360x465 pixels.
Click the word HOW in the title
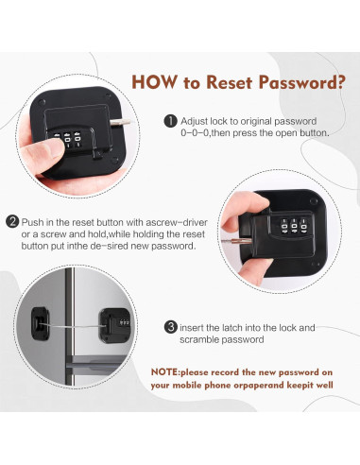[x=154, y=82]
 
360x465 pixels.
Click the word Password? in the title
[x=301, y=82]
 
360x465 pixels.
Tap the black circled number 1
[x=170, y=121]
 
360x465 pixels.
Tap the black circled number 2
[x=12, y=222]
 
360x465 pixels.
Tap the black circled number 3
[x=171, y=327]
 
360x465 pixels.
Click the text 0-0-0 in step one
[x=195, y=133]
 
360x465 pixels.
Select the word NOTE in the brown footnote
[x=164, y=372]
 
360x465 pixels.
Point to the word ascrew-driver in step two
[x=177, y=222]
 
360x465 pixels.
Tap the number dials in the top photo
[x=67, y=139]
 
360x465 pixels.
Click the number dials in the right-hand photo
[x=294, y=226]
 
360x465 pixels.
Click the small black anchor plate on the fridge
[x=40, y=324]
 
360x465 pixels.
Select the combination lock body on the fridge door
[x=114, y=326]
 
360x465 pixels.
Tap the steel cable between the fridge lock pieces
[x=74, y=326]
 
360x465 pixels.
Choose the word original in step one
[x=256, y=122]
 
